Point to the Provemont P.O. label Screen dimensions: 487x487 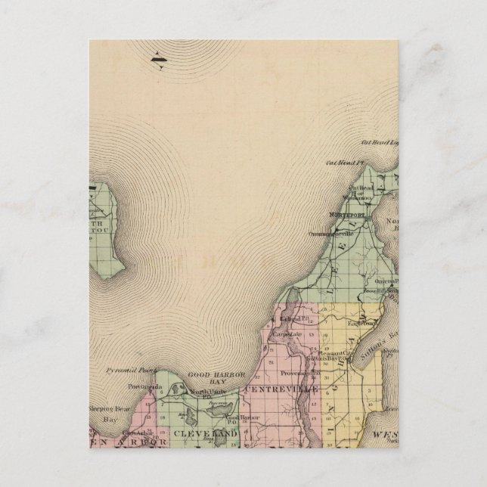306,373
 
